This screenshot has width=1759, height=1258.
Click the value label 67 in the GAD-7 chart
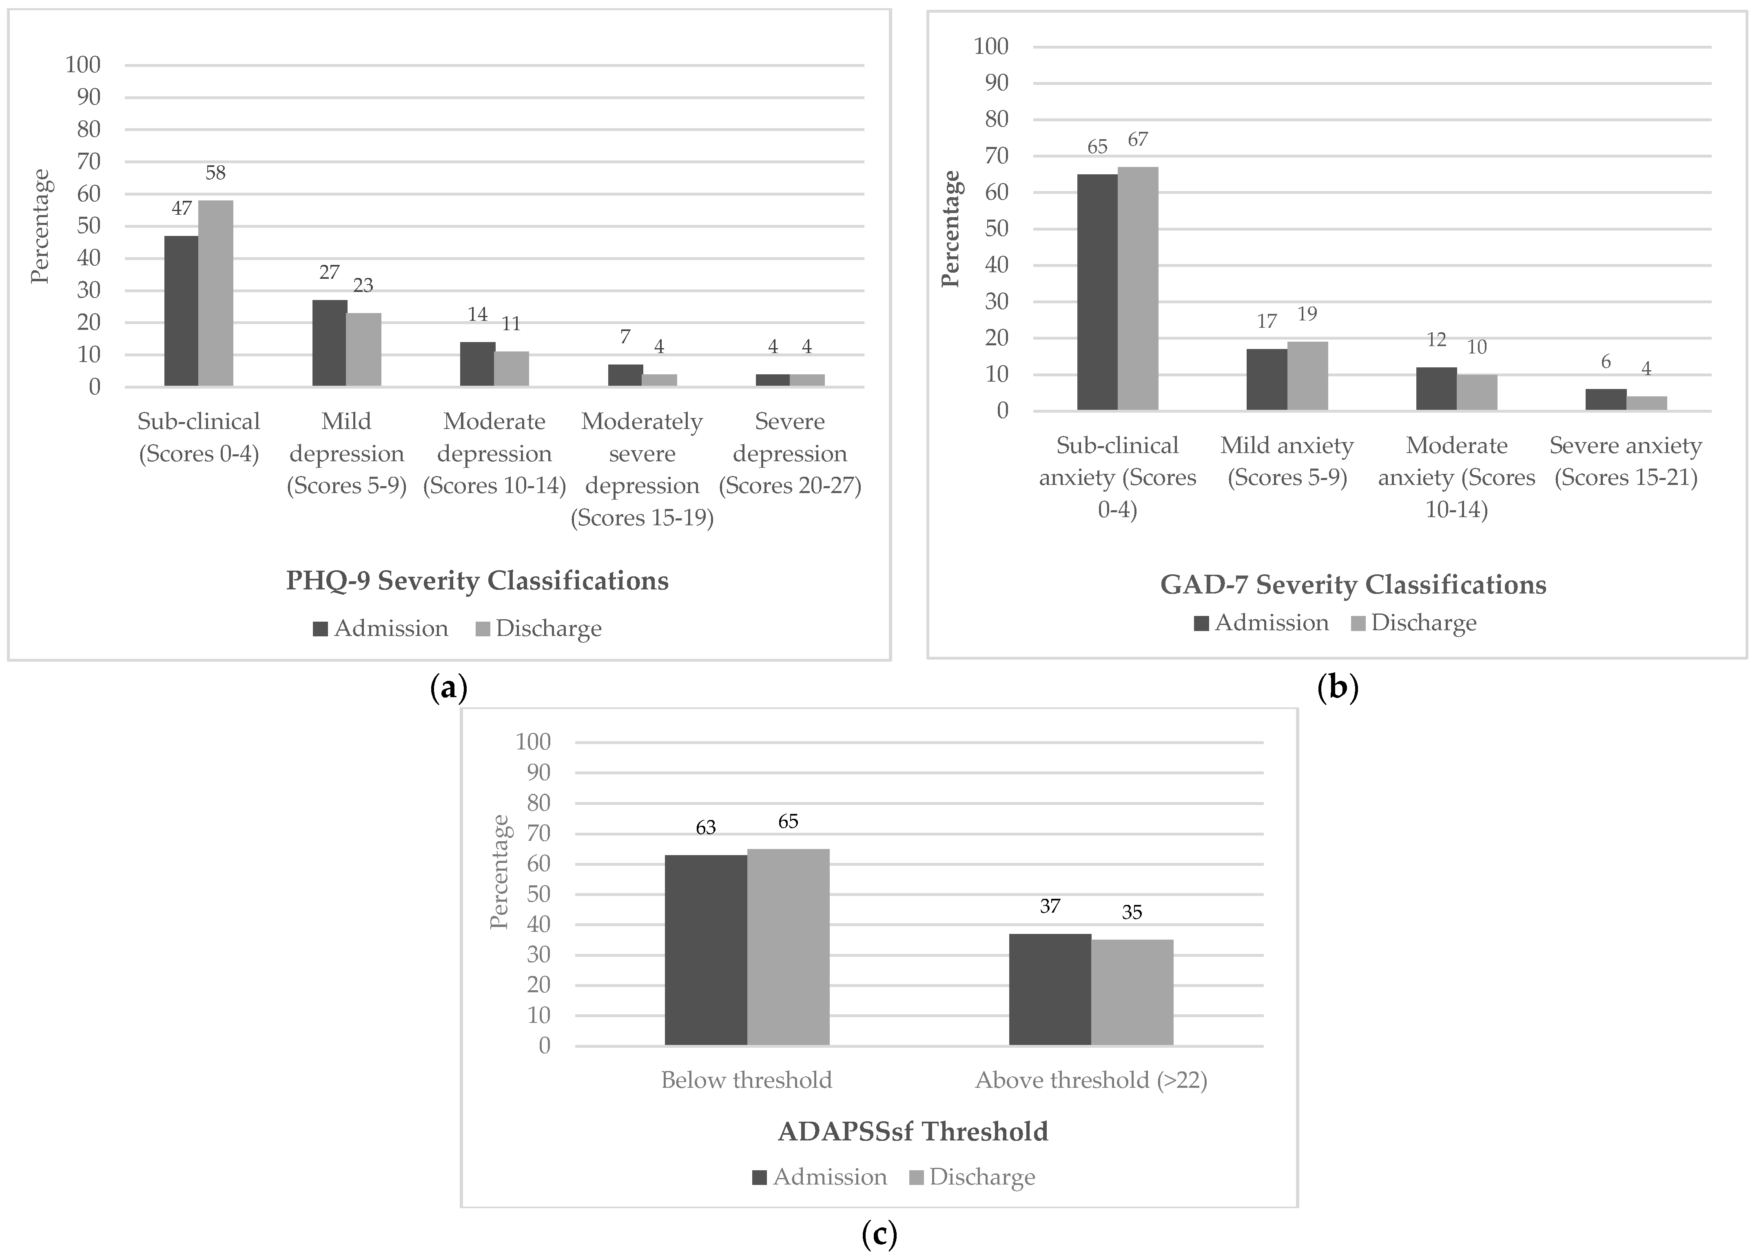[1137, 140]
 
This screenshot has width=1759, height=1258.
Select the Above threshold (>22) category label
[1091, 1080]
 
